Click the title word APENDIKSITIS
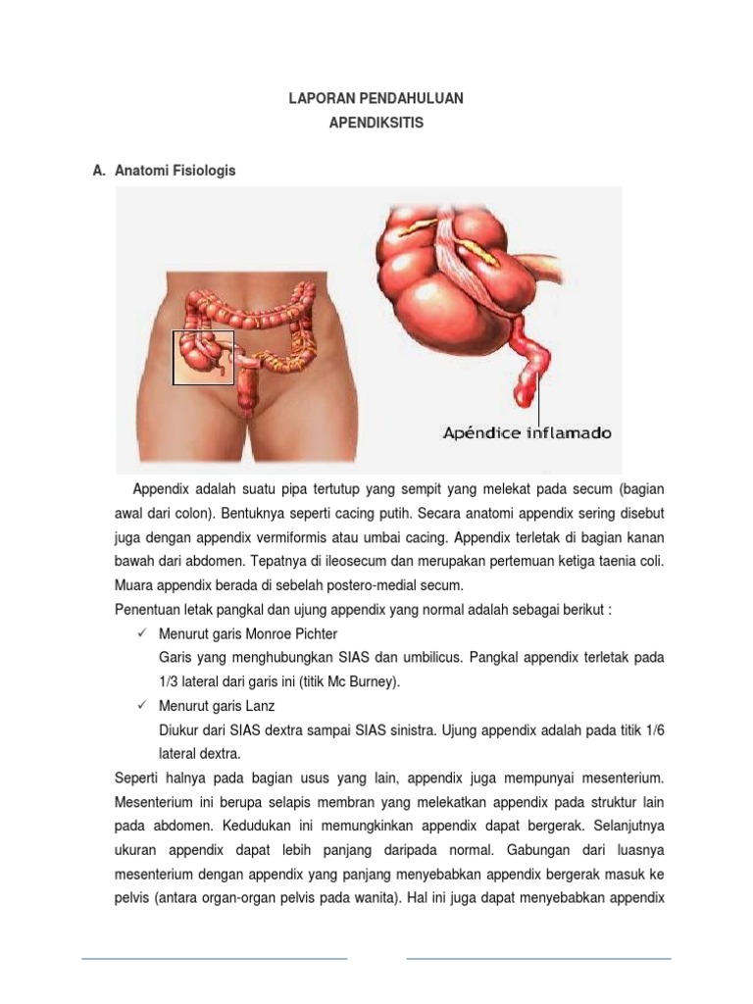click(x=376, y=124)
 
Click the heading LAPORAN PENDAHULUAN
click(x=376, y=99)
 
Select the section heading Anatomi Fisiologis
click(x=176, y=171)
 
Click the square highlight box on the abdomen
click(x=204, y=357)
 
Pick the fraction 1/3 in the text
click(x=171, y=682)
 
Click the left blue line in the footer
click(x=214, y=958)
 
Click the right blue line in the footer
click(x=538, y=958)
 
